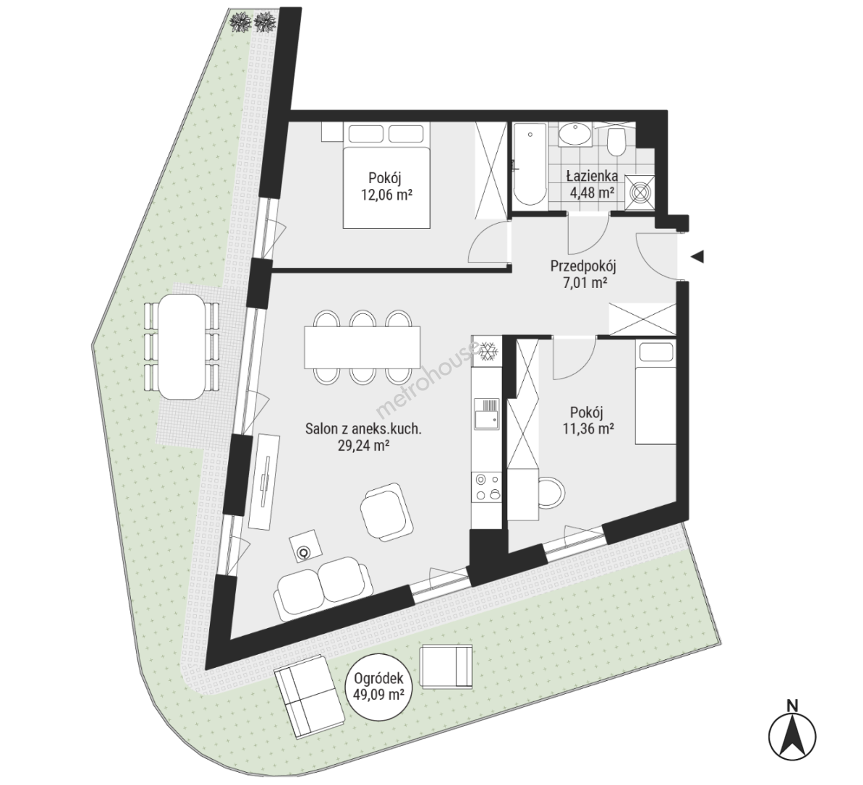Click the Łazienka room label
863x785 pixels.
coord(592,177)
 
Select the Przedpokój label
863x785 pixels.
coord(583,267)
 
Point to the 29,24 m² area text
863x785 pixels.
coord(364,446)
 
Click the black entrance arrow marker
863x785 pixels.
coord(698,257)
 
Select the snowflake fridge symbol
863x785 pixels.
coord(487,351)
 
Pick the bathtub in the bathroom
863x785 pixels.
coord(530,166)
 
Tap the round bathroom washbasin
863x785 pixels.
coord(575,134)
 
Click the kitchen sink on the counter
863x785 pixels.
coord(487,413)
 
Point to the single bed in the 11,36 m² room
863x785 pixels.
coord(655,392)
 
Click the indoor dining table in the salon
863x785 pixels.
coord(362,347)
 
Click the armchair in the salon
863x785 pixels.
coord(386,511)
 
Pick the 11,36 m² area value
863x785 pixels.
coord(587,428)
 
